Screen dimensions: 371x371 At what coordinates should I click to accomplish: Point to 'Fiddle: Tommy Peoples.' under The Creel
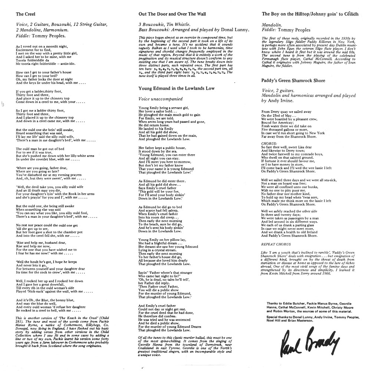(x=41, y=36)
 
